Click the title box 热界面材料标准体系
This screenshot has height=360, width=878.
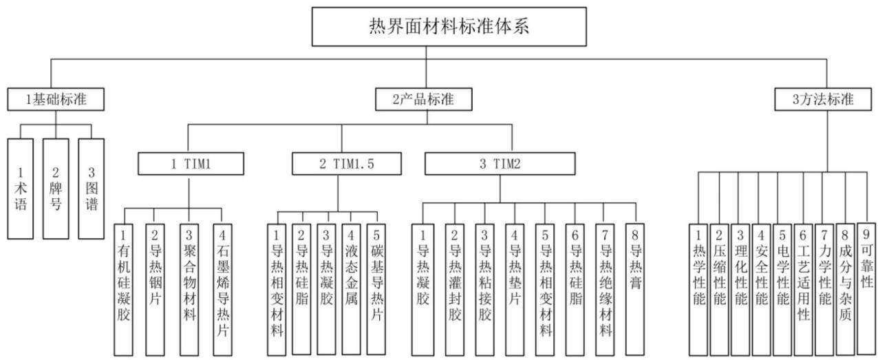pos(449,27)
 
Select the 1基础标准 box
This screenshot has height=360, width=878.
pos(56,99)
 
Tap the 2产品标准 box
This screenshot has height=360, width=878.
pos(424,99)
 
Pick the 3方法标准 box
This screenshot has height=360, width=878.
pos(823,99)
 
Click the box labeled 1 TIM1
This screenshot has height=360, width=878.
pos(191,164)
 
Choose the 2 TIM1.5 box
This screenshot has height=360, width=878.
pos(347,164)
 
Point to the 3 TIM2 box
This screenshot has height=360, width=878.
pos(500,164)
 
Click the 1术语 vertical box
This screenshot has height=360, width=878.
pos(21,189)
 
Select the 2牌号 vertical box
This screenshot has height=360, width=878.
pos(56,189)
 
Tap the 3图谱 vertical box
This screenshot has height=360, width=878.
pos(91,189)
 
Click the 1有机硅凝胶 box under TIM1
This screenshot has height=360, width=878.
pos(123,290)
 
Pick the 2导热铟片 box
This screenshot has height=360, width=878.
pos(155,290)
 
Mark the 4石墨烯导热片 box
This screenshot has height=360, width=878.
pos(222,290)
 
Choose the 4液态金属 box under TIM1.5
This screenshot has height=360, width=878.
pos(351,289)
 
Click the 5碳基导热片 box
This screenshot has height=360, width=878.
pos(376,289)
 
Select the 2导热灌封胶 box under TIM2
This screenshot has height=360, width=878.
pos(455,290)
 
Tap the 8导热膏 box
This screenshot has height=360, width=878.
pos(635,290)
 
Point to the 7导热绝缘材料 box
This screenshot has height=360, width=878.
pos(606,290)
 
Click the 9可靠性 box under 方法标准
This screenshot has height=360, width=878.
pos(866,289)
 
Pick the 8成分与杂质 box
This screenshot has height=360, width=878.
pos(845,289)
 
